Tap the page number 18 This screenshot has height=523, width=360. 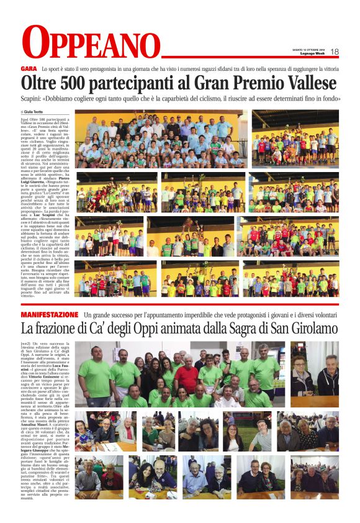(335, 52)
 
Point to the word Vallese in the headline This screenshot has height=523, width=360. (305, 83)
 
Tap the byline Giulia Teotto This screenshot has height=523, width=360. (38, 111)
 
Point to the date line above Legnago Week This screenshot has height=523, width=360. (309, 50)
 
